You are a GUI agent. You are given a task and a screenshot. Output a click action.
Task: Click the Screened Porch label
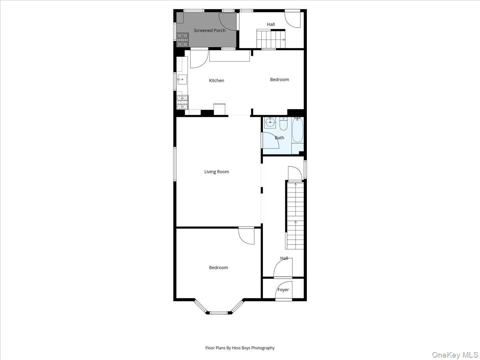coord(210,30)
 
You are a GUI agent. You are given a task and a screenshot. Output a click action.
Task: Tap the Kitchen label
coord(216,80)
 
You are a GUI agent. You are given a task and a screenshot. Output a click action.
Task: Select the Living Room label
coord(216,172)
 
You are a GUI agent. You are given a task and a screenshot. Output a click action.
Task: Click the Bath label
coord(279,138)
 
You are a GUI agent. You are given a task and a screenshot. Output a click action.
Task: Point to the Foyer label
coord(283,290)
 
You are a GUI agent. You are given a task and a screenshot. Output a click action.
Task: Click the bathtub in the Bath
coord(297,130)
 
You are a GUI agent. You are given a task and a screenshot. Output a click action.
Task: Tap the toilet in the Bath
coord(283,125)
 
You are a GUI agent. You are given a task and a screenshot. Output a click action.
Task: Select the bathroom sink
coord(270,122)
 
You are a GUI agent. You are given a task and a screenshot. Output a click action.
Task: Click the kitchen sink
coord(182,79)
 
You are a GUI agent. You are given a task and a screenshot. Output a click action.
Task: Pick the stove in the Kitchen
coord(182,102)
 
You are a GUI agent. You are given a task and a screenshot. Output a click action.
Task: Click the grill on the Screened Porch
coord(182,39)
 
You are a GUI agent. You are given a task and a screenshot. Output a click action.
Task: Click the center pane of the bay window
coord(218,312)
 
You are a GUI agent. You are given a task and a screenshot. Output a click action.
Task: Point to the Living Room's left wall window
coord(175,164)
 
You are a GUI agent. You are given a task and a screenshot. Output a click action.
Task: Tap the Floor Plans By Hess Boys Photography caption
coord(240,348)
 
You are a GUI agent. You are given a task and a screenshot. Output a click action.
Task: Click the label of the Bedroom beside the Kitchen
coord(279,80)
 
